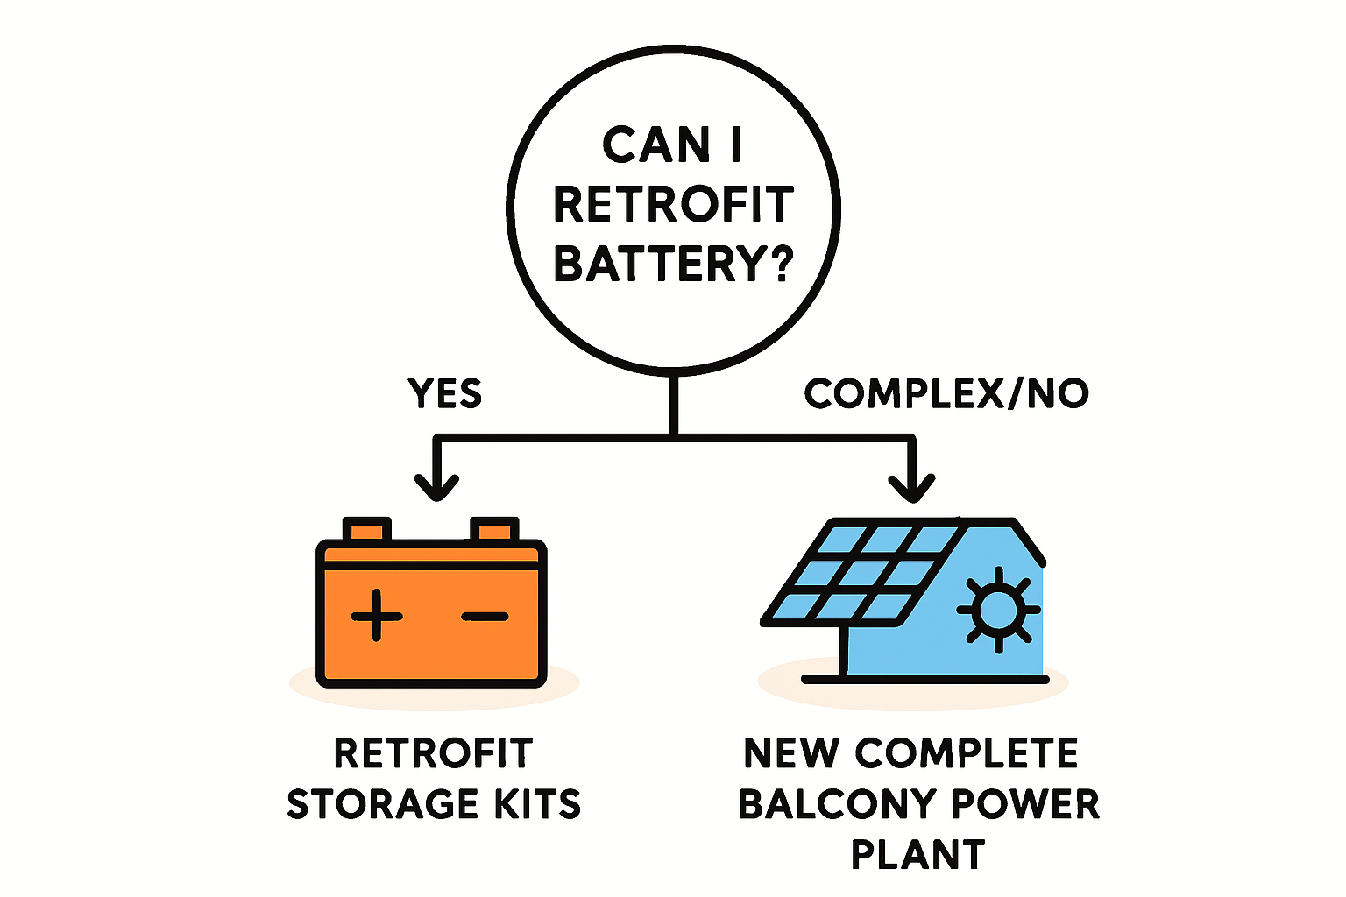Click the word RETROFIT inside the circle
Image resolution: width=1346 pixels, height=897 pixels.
point(673,205)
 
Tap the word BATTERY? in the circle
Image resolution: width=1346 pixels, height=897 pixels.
point(673,263)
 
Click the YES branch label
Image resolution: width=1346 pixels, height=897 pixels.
point(445,394)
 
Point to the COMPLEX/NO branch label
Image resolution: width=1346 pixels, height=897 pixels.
point(946,394)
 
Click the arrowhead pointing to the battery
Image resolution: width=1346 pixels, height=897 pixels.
point(436,484)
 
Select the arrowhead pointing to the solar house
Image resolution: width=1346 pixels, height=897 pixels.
point(911,486)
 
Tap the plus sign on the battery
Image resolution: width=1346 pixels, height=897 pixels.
point(377,615)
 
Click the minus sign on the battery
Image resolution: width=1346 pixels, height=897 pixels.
point(485,616)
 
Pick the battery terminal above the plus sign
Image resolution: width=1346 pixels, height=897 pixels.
point(366,530)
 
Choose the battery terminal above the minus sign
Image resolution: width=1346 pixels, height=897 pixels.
point(494,530)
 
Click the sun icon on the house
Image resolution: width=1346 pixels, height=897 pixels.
point(998,609)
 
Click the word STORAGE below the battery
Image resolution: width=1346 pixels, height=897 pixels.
point(382,804)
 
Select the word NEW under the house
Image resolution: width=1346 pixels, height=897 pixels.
point(789,753)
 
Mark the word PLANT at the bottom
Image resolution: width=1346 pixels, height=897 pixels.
point(918,854)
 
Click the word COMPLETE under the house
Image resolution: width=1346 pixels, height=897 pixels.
point(967,753)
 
